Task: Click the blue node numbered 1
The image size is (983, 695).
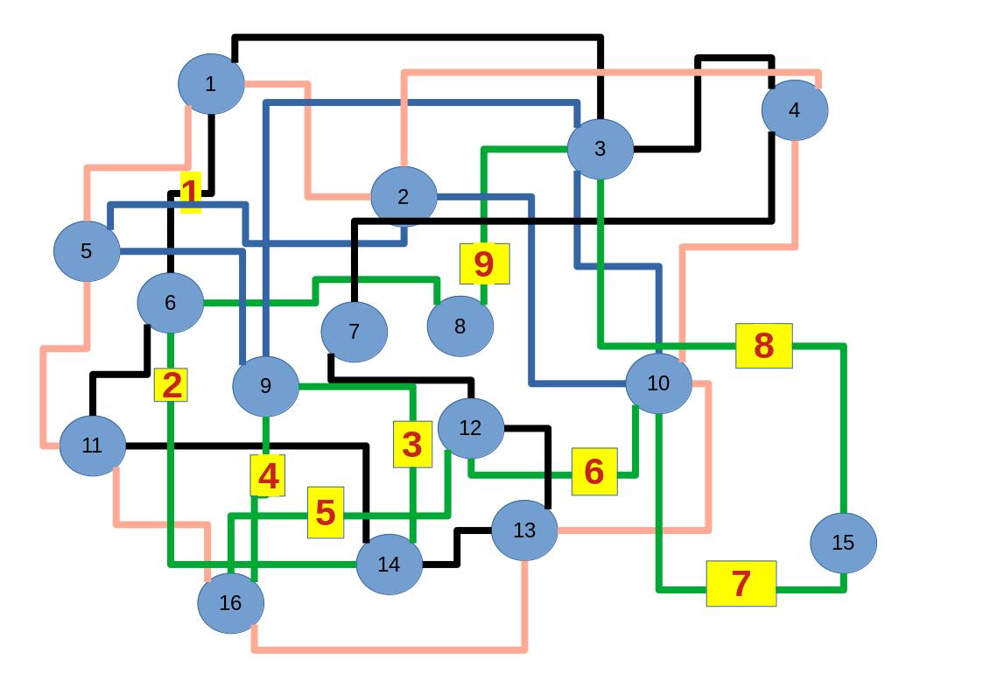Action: [210, 84]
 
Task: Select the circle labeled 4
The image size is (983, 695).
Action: [794, 110]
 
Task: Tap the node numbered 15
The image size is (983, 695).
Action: [843, 543]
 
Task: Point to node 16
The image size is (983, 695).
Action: [230, 603]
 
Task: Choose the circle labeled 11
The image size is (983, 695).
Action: [92, 446]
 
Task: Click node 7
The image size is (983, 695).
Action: [354, 332]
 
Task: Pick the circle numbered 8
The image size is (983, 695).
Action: [460, 326]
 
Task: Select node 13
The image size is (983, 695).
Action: [523, 530]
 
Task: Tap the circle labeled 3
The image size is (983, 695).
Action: [600, 149]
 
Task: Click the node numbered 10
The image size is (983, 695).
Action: [658, 383]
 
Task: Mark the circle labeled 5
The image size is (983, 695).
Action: [86, 251]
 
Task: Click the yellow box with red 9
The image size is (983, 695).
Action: [484, 263]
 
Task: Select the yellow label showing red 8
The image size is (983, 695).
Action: [763, 346]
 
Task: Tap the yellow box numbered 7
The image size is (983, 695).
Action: [741, 583]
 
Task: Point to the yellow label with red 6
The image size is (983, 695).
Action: [594, 472]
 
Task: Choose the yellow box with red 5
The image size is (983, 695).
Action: [325, 512]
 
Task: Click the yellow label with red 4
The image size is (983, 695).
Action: [267, 475]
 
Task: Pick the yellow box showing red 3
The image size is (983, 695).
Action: [412, 444]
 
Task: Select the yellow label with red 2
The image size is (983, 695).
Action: [171, 385]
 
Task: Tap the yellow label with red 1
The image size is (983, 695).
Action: [190, 192]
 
